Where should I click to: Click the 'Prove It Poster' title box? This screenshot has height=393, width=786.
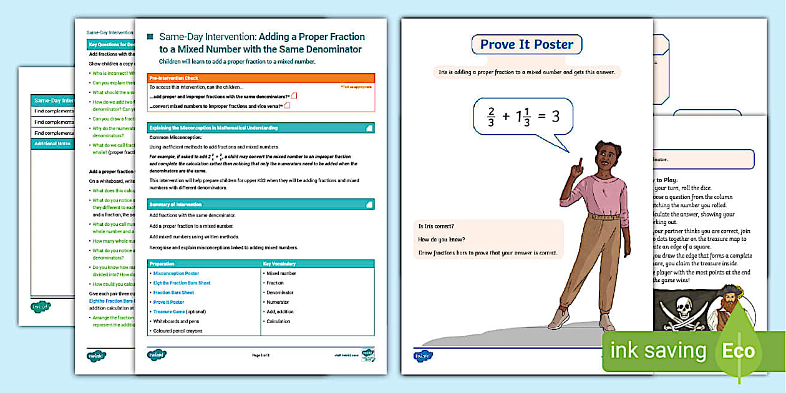527,45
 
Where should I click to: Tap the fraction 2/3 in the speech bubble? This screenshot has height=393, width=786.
491,116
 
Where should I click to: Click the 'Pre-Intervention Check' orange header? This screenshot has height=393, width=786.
261,78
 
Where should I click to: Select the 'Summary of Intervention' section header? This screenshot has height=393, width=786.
261,204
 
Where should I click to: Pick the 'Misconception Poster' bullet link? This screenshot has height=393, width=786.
176,273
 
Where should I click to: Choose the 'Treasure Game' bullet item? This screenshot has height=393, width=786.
171,311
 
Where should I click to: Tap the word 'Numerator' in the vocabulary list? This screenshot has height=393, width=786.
279,302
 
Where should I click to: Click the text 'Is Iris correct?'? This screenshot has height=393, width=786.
437,226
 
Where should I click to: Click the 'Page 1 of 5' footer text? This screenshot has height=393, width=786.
261,355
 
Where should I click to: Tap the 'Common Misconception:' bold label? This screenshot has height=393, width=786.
175,137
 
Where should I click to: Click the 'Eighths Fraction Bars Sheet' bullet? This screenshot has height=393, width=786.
182,283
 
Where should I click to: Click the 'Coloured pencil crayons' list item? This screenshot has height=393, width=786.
178,331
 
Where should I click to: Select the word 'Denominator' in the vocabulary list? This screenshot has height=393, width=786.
280,293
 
